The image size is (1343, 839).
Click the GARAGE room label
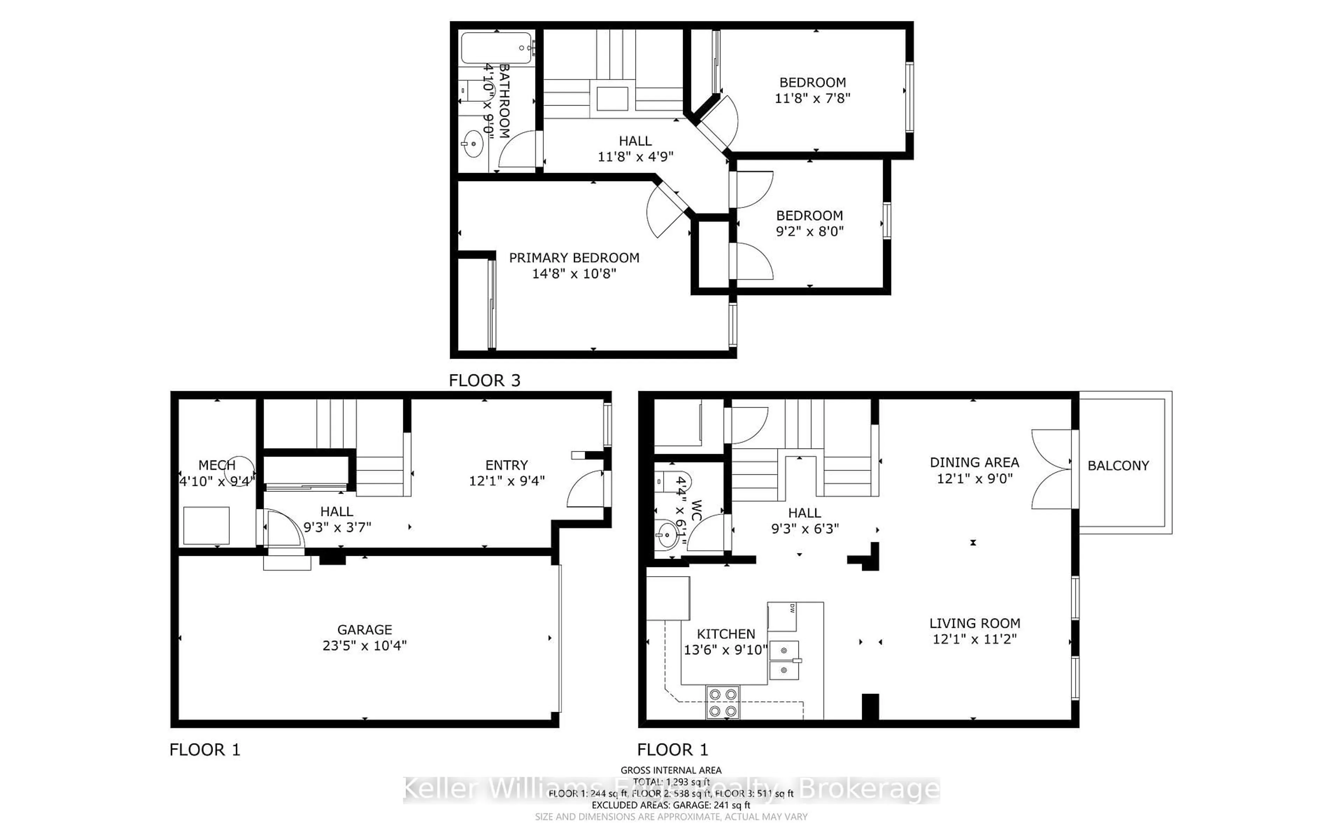pos(365,630)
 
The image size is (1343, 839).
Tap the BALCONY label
pos(1118,466)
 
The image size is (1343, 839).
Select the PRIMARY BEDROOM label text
pos(574,258)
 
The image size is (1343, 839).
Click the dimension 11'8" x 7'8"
pos(812,98)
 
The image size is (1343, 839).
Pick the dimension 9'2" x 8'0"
pos(809,231)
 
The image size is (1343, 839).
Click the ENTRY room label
pos(506,465)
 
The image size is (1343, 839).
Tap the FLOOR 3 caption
pos(484,381)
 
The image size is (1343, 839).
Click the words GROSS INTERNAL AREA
pos(670,770)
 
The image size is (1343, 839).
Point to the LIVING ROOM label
pos(974,623)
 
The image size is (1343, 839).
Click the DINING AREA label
pos(974,462)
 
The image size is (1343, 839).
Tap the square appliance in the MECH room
pos(206,525)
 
